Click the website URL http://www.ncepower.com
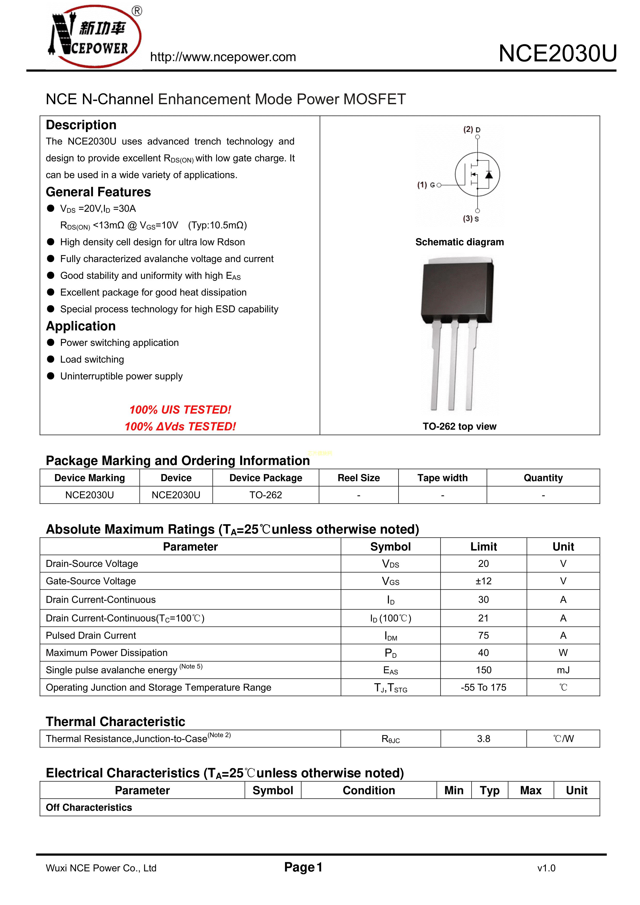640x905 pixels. pos(223,57)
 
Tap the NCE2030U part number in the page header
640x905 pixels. pos(557,54)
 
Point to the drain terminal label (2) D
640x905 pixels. pos(472,130)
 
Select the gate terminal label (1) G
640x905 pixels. pos(426,185)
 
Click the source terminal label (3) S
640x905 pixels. pos(471,219)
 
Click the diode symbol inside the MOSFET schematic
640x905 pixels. pos(489,175)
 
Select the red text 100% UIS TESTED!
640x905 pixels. pos(180,410)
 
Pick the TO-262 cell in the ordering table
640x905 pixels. pos(265,495)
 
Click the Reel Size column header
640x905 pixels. pos(359,478)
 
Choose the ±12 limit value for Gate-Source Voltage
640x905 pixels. pos(483,581)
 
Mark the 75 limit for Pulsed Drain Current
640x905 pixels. pos(483,635)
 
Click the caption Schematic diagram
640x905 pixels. pos(459,242)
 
